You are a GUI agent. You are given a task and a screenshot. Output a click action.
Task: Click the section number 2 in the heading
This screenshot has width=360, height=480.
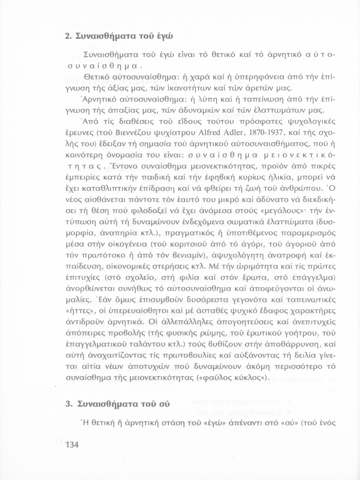67,36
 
